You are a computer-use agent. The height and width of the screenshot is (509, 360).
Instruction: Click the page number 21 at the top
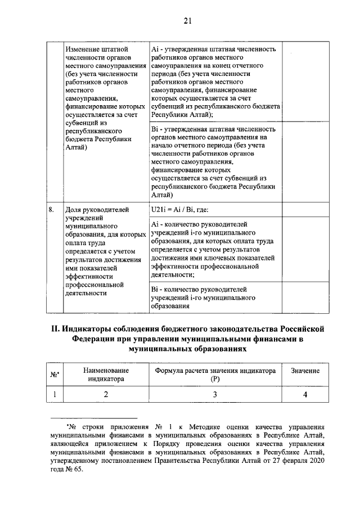[187, 21]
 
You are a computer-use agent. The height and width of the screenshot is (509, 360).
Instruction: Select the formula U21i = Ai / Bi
[179, 210]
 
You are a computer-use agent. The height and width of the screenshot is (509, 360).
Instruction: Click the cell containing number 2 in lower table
[106, 394]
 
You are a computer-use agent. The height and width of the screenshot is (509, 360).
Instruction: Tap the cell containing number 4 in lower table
[305, 394]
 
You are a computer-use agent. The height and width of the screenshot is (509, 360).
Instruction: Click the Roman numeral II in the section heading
[56, 328]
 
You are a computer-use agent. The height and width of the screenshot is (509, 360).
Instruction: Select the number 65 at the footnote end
[76, 471]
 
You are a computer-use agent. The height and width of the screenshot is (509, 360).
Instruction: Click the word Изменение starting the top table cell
[83, 49]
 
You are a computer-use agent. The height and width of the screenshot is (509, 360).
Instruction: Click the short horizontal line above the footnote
[93, 418]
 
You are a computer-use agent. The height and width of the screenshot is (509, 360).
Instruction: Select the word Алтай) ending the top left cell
[76, 147]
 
